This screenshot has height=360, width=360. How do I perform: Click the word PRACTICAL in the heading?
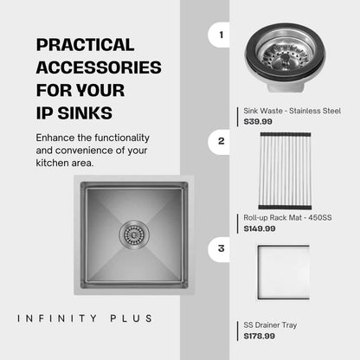pos(86,45)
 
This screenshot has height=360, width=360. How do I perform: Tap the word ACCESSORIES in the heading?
pos(99,67)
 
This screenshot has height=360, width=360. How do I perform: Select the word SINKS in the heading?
pos(85,112)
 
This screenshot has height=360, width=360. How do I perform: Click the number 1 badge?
pos(219,35)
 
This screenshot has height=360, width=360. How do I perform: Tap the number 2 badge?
pos(219,141)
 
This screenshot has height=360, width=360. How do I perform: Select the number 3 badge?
pos(219,248)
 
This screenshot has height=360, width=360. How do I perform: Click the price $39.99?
pos(258,121)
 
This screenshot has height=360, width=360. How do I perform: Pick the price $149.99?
pos(260,228)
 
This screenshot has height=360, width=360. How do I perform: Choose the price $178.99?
pos(260,336)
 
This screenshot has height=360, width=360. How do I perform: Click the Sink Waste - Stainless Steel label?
pos(292,111)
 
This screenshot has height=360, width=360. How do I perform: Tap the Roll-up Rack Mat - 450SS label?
pos(287,218)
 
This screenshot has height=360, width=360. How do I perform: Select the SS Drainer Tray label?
pos(270,325)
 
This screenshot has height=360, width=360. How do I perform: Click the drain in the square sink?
pos(134,235)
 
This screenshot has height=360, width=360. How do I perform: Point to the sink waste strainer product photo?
pos(285,58)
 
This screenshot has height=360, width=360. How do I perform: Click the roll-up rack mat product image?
pos(285,170)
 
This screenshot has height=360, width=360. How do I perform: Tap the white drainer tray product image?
pos(283,273)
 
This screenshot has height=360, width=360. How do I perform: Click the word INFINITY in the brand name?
pos(57,318)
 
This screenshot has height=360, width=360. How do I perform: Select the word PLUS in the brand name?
pos(132,318)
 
